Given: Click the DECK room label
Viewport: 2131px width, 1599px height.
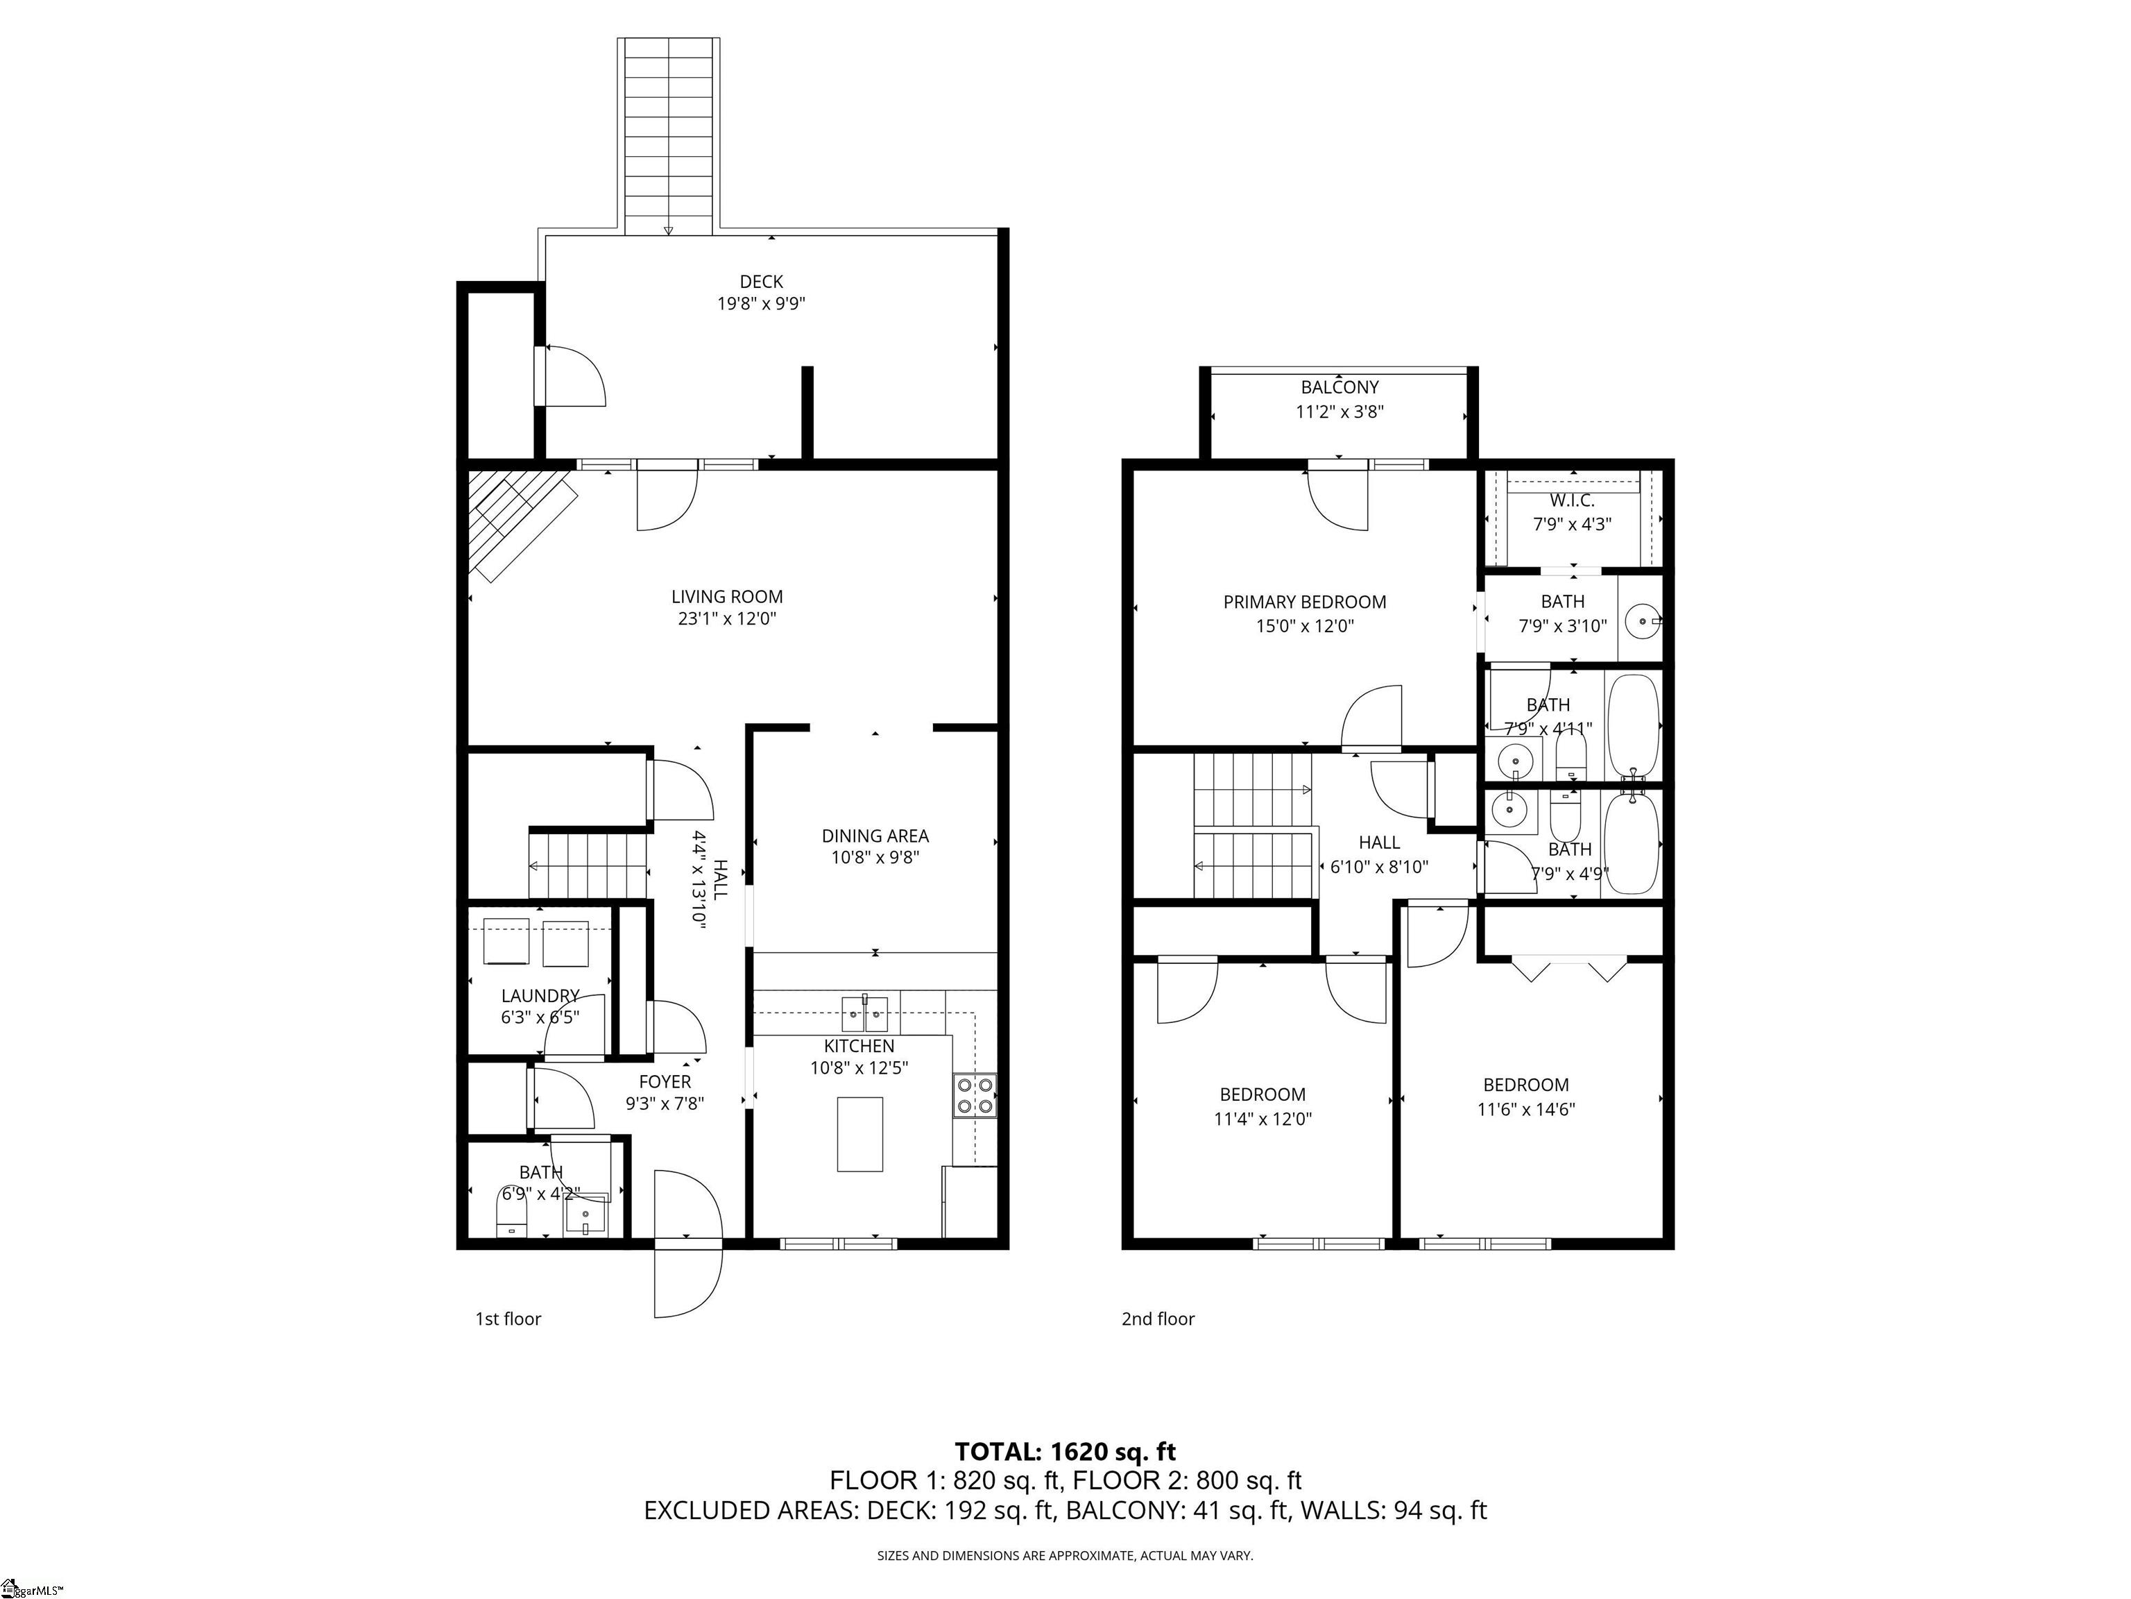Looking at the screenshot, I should [760, 282].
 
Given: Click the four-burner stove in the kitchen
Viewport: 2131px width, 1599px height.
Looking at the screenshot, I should [974, 1096].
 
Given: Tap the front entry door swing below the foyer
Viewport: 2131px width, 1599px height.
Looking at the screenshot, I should [687, 1283].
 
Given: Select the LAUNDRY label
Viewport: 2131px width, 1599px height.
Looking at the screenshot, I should [540, 996].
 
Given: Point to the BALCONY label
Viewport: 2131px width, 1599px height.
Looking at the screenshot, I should [1339, 387].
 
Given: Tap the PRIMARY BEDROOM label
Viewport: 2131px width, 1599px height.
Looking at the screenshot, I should [1304, 602].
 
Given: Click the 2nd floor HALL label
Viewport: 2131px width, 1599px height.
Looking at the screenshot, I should [1378, 843].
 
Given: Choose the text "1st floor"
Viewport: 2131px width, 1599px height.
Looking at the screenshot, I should [508, 1319].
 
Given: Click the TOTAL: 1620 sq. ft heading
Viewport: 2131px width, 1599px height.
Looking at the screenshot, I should [1065, 1452].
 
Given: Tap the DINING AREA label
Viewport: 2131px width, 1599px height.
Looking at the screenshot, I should [875, 836].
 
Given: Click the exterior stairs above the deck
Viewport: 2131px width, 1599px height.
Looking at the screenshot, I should [669, 135].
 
